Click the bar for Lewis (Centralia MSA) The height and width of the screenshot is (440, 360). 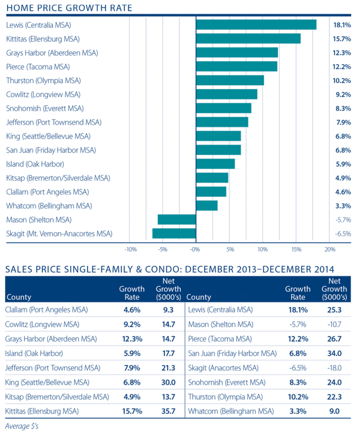(x=256, y=25)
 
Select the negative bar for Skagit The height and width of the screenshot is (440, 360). (x=174, y=233)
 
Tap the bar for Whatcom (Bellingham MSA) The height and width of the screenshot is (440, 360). (x=207, y=206)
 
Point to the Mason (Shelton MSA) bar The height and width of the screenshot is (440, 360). (x=177, y=220)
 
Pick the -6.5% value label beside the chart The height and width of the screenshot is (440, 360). (x=342, y=234)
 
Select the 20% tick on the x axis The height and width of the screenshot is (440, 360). (x=330, y=248)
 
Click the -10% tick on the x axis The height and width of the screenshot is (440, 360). (x=130, y=248)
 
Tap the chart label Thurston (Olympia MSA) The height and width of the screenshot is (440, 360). (x=43, y=81)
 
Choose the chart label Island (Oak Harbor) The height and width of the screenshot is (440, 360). (x=35, y=164)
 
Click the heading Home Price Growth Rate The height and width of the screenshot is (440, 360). (x=69, y=8)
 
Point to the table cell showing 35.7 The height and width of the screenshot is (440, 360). (x=168, y=411)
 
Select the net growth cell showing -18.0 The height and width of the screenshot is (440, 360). (x=333, y=368)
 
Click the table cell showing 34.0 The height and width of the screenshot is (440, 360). (x=334, y=354)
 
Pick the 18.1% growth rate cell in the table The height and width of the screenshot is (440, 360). (x=297, y=310)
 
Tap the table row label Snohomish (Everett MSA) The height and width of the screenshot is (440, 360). (x=224, y=382)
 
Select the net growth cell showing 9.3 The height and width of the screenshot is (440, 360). (x=168, y=310)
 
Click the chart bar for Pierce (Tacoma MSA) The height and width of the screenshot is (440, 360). (x=236, y=66)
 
